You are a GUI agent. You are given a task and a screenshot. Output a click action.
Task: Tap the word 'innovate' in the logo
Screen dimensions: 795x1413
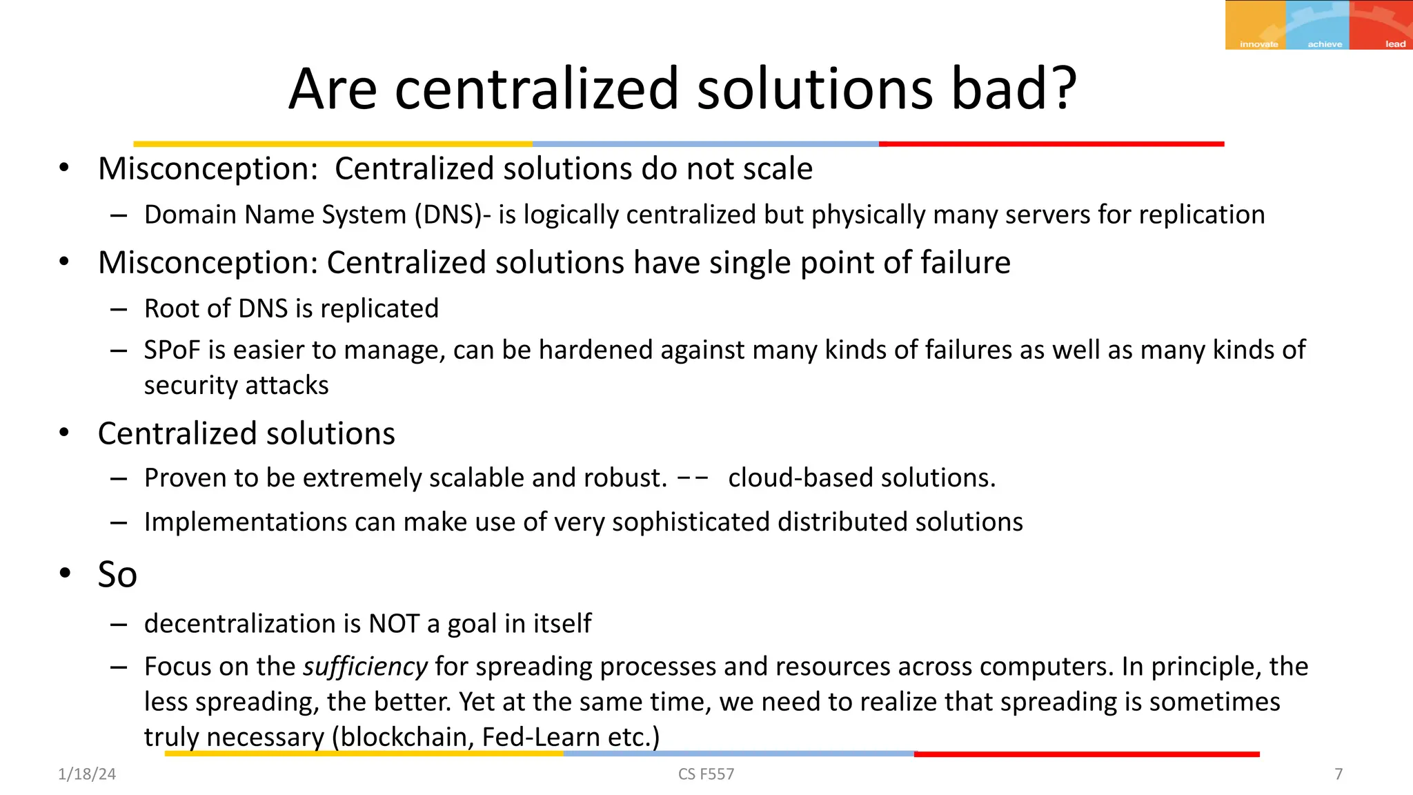click(x=1258, y=44)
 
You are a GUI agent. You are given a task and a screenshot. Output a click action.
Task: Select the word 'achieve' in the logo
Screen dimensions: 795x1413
click(x=1325, y=44)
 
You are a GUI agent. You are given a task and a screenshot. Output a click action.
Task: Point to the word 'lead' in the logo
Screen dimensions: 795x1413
click(x=1395, y=44)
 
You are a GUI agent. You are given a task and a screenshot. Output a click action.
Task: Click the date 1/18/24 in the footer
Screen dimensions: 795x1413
click(x=87, y=774)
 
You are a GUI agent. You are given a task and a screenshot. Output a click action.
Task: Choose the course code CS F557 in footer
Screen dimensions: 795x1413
click(x=706, y=774)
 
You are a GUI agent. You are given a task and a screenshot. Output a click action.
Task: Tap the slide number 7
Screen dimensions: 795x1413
click(x=1338, y=774)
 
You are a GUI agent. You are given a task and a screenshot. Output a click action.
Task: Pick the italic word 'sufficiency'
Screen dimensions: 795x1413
click(x=365, y=667)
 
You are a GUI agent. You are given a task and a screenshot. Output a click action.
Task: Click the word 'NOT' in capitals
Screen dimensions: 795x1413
click(x=394, y=624)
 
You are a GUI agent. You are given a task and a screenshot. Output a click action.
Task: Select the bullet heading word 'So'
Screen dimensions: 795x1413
click(x=117, y=574)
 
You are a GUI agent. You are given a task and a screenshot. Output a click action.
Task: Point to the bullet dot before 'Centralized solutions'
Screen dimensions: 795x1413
click(x=64, y=433)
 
